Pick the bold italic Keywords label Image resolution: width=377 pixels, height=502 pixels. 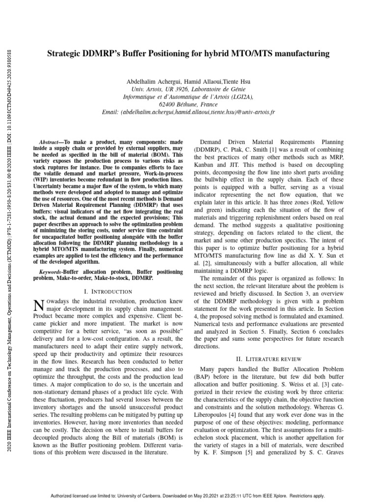(x=52, y=271)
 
